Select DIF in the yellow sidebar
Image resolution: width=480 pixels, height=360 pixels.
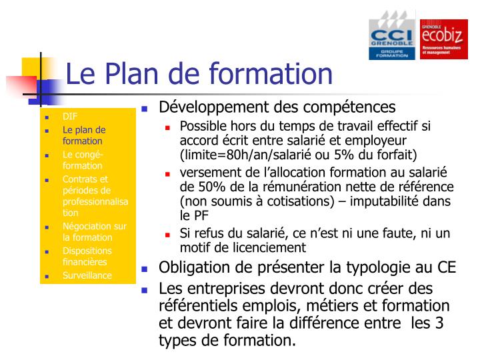[70, 117]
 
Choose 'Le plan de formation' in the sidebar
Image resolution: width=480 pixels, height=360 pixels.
[83, 135]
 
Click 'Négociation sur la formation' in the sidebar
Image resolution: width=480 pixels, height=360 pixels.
[94, 232]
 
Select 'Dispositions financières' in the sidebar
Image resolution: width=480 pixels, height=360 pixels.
[87, 257]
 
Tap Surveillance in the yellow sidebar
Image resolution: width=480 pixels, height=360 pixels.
[87, 275]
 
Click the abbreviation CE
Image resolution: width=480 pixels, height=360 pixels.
[446, 267]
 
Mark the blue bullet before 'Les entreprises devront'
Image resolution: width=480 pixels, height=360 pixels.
[145, 290]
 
